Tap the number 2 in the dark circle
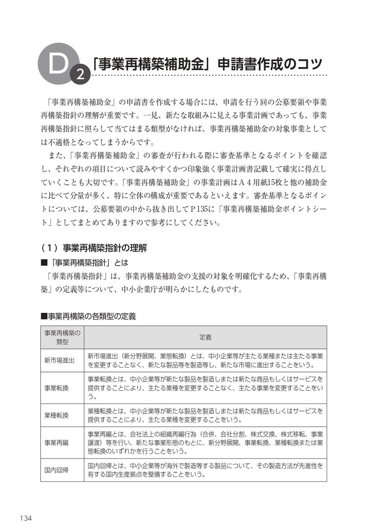click(80, 74)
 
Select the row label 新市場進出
click(59, 360)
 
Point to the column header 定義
click(205, 337)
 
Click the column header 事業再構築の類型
click(62, 337)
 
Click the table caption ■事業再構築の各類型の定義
click(88, 316)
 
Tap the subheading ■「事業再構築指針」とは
click(84, 262)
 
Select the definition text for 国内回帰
click(205, 470)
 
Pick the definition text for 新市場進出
click(205, 360)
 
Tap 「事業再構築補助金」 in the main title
click(152, 64)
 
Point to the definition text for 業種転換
click(205, 415)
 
